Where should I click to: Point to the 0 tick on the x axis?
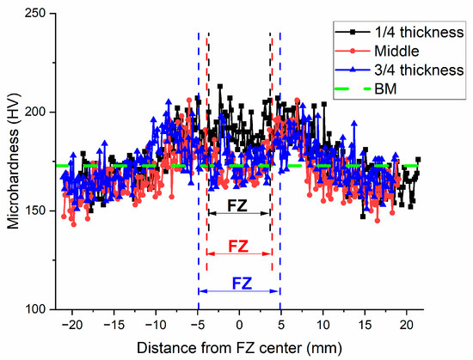pyautogui.click(x=240, y=325)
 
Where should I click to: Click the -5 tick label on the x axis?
pyautogui.click(x=196, y=325)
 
